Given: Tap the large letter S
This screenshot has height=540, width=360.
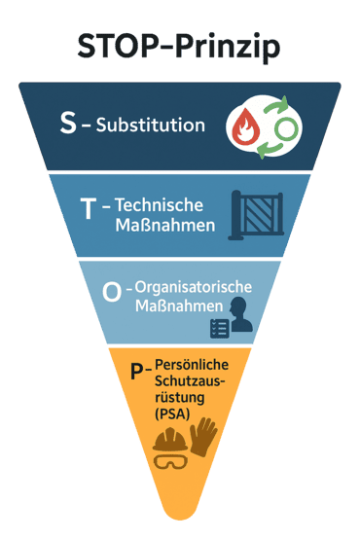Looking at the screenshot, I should coord(67,124).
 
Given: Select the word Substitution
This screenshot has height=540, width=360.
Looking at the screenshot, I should coord(151,126).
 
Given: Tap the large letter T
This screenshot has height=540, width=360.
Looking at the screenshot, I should coord(90,209).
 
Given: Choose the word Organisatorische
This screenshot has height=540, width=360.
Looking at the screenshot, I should coord(193,287).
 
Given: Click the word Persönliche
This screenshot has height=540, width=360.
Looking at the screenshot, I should coord(190,364).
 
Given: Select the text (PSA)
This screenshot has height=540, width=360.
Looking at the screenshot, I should coord(173,414).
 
